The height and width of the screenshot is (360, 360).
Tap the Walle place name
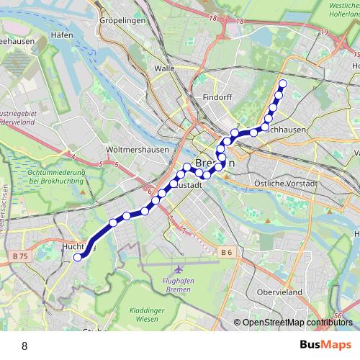click(x=165, y=68)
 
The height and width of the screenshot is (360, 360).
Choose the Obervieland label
click(x=280, y=292)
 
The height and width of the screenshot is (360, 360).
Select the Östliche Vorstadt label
click(x=287, y=184)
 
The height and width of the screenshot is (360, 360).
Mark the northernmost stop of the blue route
click(x=282, y=84)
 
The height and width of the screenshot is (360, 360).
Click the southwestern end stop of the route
click(x=78, y=256)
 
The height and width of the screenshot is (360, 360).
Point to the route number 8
click(x=25, y=346)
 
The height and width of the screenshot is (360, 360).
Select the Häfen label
click(x=62, y=35)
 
